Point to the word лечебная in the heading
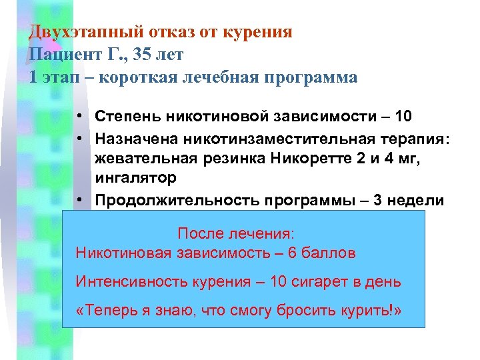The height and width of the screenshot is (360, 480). [219, 77]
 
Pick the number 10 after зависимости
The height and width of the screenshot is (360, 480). [403, 117]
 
